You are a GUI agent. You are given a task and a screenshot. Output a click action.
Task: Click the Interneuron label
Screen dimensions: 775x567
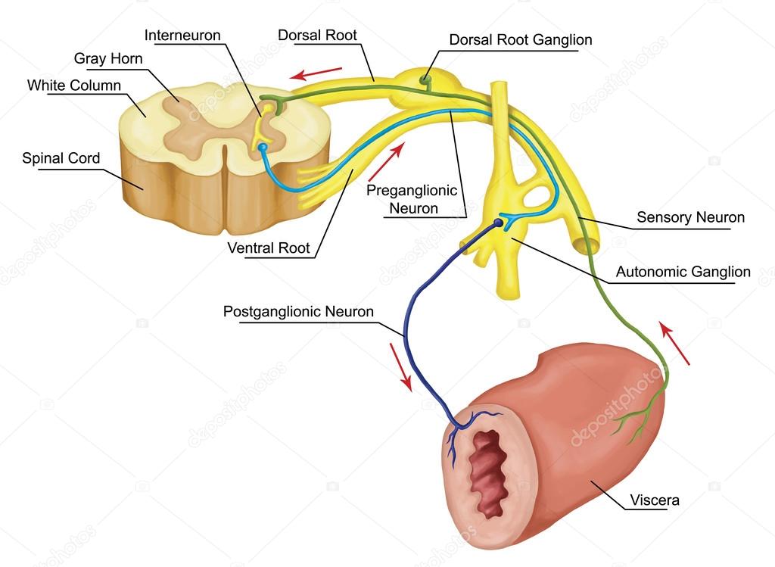tap(182, 36)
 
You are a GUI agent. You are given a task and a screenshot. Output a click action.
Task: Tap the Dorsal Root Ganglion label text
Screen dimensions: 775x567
tap(521, 39)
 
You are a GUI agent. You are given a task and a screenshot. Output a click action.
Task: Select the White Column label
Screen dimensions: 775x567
tap(74, 85)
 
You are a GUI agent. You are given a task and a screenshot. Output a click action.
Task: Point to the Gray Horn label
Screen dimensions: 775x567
tap(108, 58)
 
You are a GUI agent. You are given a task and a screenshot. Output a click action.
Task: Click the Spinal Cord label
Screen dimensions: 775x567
tap(61, 158)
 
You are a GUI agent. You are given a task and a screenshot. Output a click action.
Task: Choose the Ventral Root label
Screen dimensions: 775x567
tap(269, 248)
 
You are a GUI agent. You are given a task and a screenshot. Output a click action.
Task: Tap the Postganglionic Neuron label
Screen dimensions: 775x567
tap(298, 311)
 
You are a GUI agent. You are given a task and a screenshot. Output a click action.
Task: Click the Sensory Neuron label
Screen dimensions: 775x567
tap(690, 217)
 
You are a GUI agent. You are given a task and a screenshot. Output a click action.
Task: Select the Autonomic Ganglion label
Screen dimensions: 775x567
tap(683, 272)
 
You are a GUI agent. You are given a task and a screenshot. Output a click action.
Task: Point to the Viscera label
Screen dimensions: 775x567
tap(655, 500)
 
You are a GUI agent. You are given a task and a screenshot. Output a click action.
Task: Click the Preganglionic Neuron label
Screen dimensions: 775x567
tap(412, 199)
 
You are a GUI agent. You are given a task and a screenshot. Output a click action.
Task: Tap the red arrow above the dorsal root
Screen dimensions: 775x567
tap(316, 73)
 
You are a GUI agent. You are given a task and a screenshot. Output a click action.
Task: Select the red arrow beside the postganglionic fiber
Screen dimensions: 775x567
tap(401, 367)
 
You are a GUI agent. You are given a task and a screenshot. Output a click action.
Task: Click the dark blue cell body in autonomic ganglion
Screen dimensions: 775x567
tap(498, 223)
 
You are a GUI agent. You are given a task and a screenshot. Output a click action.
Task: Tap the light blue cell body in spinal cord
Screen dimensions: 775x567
tap(263, 147)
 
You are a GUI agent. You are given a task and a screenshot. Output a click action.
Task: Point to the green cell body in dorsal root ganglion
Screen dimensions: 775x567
tap(424, 79)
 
